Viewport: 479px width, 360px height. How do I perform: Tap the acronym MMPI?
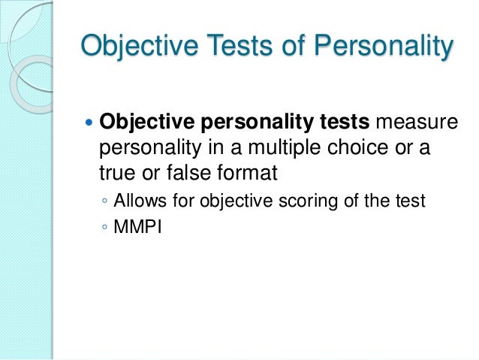click(x=138, y=223)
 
